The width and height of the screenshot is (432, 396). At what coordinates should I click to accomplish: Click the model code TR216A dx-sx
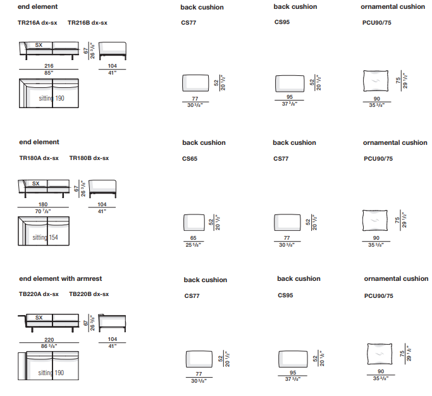(39, 23)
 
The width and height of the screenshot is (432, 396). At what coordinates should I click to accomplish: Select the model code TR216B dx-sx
(87, 23)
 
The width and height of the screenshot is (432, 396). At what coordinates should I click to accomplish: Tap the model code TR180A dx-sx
(39, 158)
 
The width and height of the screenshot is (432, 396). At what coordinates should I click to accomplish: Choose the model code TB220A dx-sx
(39, 294)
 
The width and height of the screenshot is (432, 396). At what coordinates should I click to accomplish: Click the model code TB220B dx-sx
(89, 294)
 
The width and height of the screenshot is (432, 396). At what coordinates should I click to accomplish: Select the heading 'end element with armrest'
(60, 278)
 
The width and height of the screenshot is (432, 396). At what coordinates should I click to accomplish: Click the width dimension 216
(49, 66)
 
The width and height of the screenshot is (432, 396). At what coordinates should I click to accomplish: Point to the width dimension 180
(43, 204)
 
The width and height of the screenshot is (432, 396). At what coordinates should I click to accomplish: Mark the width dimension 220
(49, 340)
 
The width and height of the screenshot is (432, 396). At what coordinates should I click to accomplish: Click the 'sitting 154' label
(46, 238)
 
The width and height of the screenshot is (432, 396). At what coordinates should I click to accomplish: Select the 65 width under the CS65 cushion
(194, 238)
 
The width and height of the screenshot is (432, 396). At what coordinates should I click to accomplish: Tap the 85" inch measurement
(49, 73)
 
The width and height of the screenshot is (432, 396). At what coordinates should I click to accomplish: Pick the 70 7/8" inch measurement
(43, 211)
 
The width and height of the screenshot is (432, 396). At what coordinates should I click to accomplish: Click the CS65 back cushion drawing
(194, 223)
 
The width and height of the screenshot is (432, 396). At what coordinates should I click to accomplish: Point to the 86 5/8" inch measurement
(49, 347)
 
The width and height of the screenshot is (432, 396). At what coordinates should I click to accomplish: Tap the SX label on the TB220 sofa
(39, 318)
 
